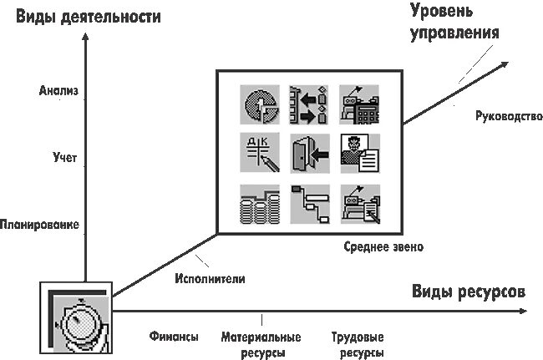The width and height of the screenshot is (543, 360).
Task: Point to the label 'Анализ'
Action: tap(58, 92)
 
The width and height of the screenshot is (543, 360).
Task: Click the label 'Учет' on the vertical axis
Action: tap(63, 155)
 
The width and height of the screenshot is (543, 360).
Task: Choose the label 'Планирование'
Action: tap(40, 225)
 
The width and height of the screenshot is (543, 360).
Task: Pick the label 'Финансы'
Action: tap(174, 337)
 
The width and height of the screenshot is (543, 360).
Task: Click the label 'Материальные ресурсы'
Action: tap(261, 345)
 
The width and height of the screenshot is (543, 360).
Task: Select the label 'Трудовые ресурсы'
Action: tap(358, 345)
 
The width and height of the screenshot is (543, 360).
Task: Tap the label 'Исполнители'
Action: tap(204, 279)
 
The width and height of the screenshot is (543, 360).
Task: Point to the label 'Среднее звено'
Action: tap(383, 247)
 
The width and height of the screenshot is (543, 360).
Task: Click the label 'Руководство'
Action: tap(502, 117)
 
